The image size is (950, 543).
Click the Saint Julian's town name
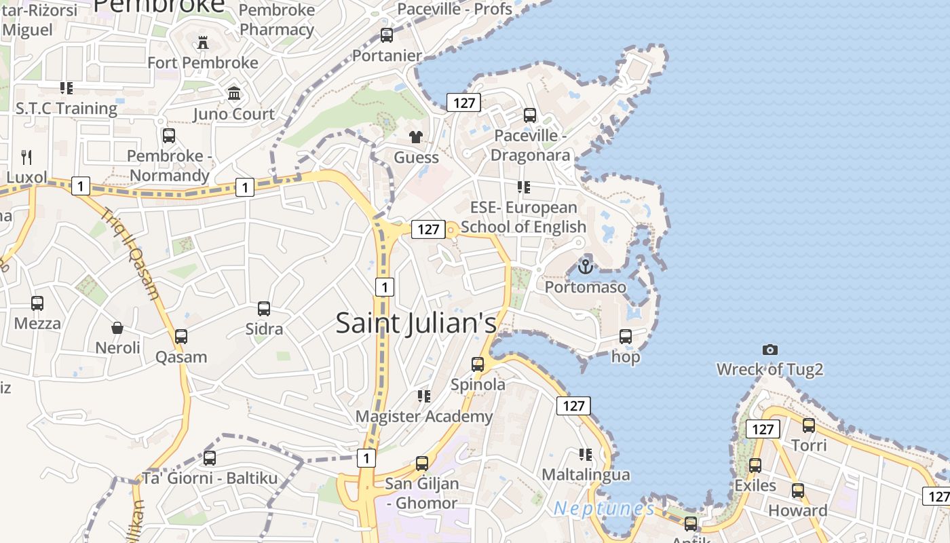416,323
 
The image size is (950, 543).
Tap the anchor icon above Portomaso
586,266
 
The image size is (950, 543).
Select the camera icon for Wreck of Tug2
769,350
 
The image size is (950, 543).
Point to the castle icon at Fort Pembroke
203,43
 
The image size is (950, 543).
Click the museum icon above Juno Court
234,93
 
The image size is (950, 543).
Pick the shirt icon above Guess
416,137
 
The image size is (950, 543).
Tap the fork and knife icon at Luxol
26,157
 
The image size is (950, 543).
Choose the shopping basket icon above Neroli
117,329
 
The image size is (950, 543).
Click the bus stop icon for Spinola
478,364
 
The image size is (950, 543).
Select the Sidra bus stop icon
264,309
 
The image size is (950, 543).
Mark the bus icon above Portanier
387,35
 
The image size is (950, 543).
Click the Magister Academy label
424,416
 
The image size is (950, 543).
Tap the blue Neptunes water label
604,508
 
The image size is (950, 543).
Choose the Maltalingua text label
586,474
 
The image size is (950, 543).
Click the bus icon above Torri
809,426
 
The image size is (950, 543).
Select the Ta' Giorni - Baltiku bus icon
210,458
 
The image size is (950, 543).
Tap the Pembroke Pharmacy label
277,20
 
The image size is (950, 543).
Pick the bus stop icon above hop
626,336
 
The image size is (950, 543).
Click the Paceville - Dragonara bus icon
530,115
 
